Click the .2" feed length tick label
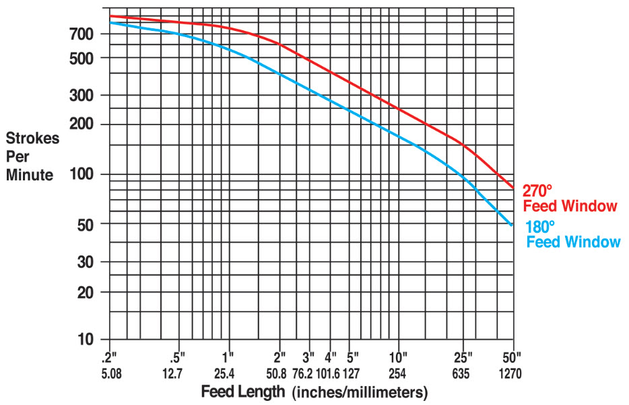110,357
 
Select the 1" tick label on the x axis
229,357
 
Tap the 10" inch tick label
399,357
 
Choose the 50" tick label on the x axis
512,357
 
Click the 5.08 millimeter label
110,373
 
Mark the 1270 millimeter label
510,373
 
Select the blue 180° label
540,227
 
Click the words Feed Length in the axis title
242,392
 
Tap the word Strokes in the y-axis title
32,139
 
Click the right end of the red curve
513,188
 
